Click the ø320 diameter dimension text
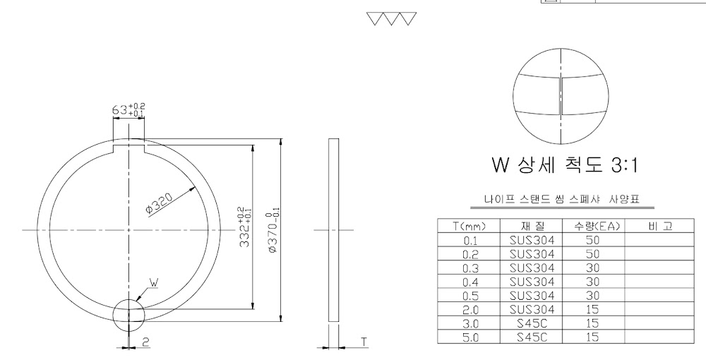click(159, 204)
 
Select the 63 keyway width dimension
click(128, 110)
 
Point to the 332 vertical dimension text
click(245, 227)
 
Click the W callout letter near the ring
click(154, 282)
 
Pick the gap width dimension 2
click(145, 342)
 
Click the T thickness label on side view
click(364, 342)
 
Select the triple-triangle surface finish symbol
click(391, 19)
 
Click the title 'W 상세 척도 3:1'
click(565, 164)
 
